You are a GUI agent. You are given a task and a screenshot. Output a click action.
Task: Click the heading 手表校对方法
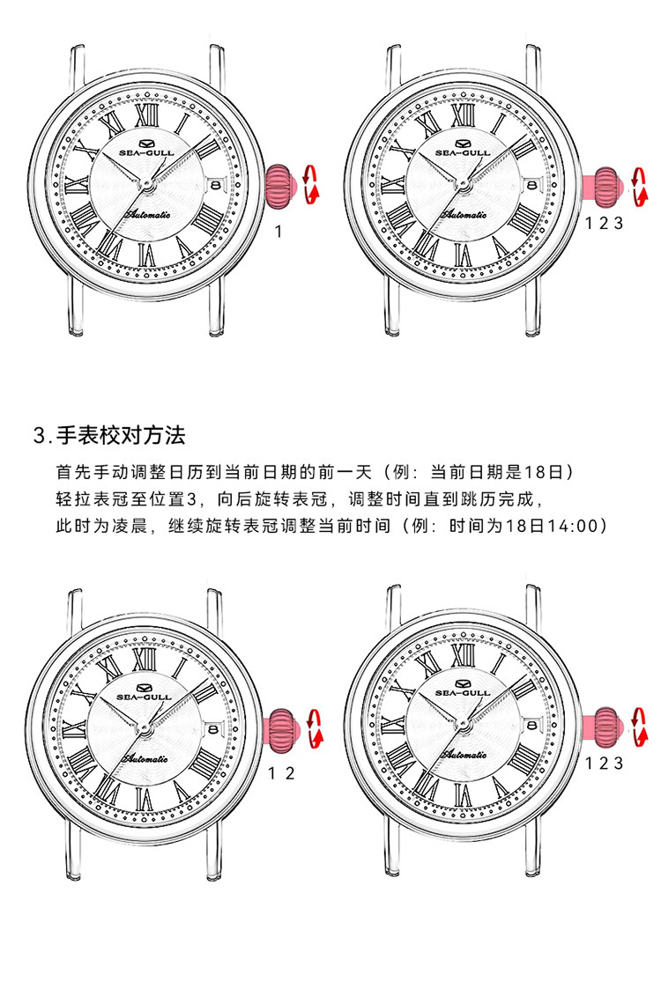tap(121, 435)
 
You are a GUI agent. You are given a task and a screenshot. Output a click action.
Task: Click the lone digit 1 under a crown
tap(279, 232)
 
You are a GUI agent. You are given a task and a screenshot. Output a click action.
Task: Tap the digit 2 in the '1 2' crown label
tap(290, 773)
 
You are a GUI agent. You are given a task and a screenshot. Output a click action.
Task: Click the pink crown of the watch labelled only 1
tap(280, 186)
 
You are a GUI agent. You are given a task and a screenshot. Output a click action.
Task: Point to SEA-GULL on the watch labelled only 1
tap(145, 152)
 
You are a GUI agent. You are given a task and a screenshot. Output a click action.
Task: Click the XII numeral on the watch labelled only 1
tap(145, 116)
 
